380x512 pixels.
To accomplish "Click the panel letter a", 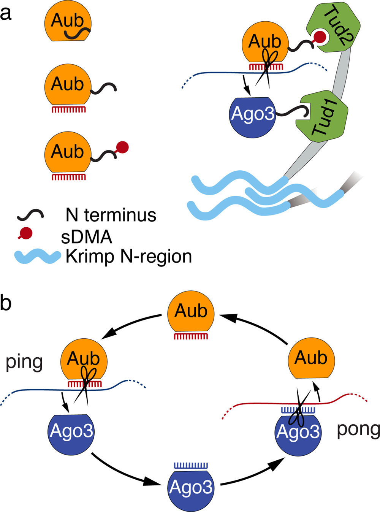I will point(6,14).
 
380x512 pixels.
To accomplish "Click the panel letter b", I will point(6,303).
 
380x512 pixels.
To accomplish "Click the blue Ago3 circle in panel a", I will point(252,114).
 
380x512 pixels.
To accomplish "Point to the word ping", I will point(24,362).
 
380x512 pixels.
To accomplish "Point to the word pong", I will point(358,430).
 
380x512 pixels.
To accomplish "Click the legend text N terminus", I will point(111,215).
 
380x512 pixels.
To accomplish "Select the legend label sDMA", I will point(86,237).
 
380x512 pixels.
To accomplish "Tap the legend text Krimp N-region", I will point(128,257).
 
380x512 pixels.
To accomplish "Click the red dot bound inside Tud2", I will point(320,37).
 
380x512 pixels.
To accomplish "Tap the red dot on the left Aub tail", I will point(122,147).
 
